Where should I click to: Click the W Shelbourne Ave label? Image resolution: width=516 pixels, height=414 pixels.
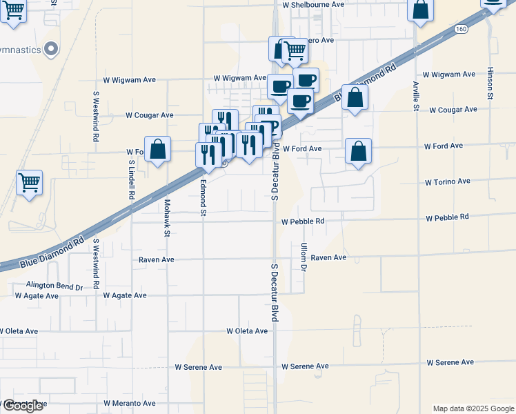(313, 4)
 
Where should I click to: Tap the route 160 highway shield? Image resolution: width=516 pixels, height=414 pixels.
(462, 28)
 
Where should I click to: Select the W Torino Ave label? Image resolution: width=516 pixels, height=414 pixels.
(447, 181)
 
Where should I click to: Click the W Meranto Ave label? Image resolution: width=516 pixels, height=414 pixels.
(130, 403)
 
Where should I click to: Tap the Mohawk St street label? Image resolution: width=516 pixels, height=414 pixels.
(167, 218)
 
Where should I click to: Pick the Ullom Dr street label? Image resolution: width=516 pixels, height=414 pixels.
(303, 256)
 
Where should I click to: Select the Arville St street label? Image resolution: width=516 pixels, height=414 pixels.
(416, 96)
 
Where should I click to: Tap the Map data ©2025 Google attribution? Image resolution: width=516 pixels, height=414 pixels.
(473, 408)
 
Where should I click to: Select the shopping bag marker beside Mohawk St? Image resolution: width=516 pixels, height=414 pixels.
(158, 150)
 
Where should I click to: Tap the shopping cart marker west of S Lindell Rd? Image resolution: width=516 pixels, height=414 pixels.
(29, 183)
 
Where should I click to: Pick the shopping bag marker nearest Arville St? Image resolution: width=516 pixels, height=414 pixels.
(420, 10)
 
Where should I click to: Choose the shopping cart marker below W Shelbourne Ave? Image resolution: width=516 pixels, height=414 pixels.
(295, 50)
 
